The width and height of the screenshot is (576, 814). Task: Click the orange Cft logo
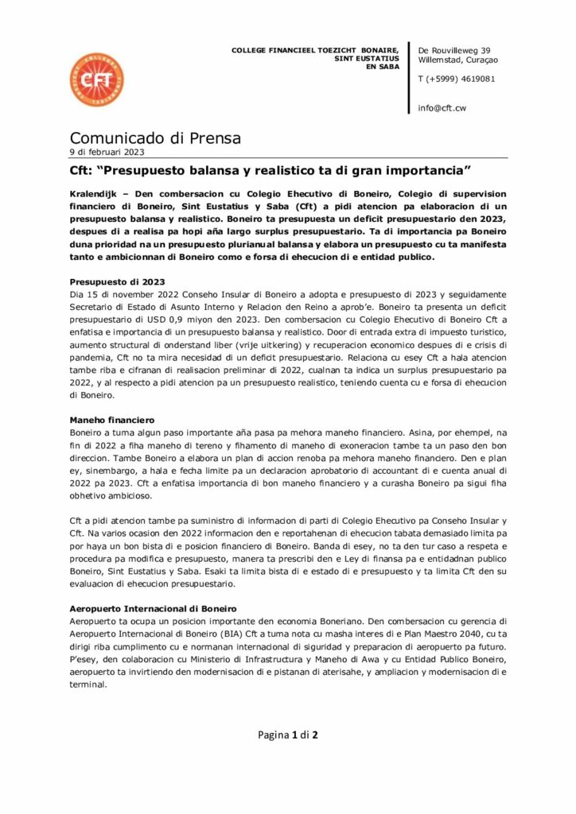pos(96,80)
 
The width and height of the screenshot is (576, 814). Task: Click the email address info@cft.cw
pos(442,108)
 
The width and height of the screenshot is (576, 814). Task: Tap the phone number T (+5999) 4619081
pos(456,79)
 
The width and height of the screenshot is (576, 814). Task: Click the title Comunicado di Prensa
pos(155,138)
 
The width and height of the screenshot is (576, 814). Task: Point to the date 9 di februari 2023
pos(107,152)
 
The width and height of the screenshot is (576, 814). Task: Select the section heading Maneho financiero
pos(112,419)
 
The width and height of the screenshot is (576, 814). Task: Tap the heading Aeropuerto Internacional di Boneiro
pos(149,608)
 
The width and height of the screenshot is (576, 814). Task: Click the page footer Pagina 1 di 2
pos(288,735)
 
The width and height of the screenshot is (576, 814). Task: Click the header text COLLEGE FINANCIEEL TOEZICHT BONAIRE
pos(314,50)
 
